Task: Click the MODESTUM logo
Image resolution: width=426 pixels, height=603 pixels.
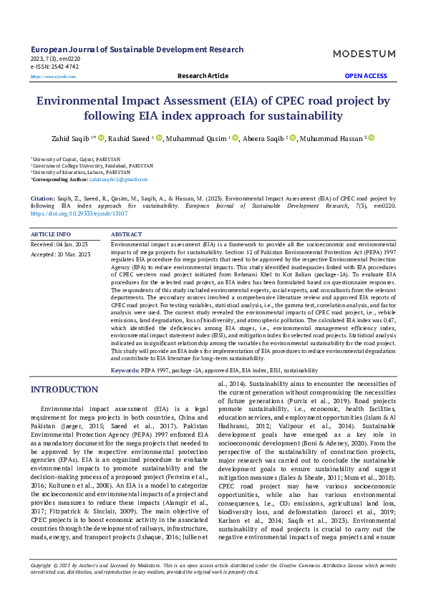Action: coord(364,54)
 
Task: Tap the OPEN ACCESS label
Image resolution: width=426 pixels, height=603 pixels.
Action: coord(366,75)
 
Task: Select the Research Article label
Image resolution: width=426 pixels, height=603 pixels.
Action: coord(203,75)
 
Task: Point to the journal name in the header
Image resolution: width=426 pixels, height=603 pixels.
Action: coord(137,49)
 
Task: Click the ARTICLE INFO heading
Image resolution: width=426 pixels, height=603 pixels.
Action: coord(51,234)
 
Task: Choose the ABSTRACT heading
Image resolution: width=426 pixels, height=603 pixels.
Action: coord(127,234)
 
